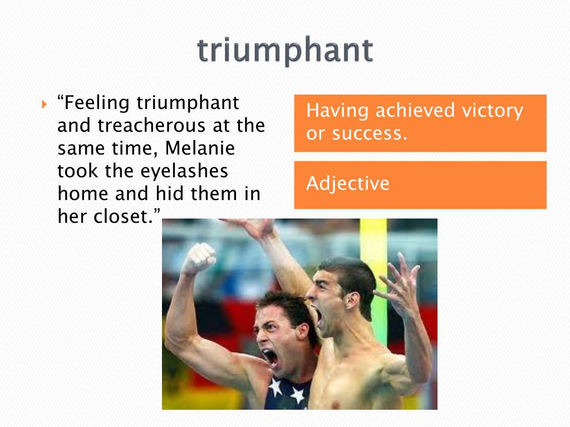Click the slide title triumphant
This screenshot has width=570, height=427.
tap(284, 51)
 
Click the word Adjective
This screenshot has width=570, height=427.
tap(348, 184)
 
